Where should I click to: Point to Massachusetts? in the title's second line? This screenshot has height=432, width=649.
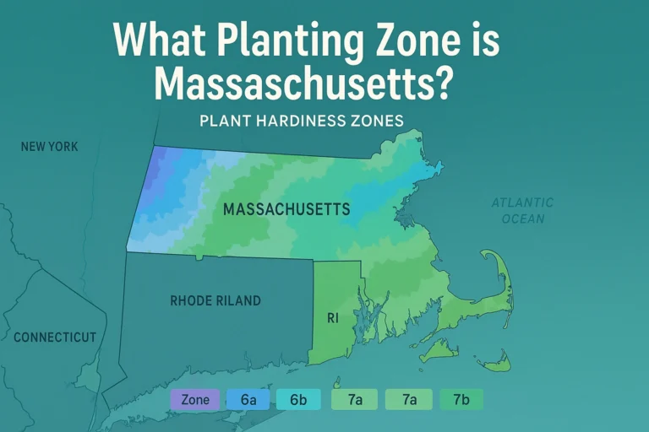306,84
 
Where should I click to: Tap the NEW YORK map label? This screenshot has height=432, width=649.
50,147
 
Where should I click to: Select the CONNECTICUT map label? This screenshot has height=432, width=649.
55,337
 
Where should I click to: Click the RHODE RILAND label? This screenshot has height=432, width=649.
215,300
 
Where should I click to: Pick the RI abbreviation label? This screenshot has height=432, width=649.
333,319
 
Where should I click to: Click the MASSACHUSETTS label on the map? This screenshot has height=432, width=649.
286,208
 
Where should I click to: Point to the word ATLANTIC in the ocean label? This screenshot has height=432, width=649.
523,202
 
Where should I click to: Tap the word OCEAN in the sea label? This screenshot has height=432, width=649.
523,219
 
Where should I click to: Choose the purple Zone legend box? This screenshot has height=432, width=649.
195,400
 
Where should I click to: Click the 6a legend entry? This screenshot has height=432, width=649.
248,400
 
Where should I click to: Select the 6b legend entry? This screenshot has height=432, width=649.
298,400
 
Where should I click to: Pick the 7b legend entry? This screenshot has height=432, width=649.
461,400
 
